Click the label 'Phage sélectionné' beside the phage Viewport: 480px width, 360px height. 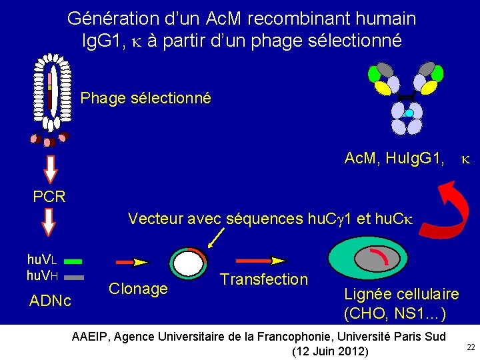click(x=145, y=99)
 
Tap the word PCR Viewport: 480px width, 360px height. click(x=49, y=197)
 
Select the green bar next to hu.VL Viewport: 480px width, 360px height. click(x=74, y=262)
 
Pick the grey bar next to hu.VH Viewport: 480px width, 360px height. click(x=74, y=275)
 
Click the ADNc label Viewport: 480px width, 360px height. click(x=50, y=301)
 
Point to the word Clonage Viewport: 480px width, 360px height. click(x=138, y=289)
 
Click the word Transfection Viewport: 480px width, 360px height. click(x=264, y=279)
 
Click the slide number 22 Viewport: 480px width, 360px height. click(x=471, y=347)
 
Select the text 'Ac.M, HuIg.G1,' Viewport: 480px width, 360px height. click(x=393, y=159)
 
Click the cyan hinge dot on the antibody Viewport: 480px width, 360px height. click(x=409, y=113)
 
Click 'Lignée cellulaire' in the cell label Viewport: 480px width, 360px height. click(x=401, y=294)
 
